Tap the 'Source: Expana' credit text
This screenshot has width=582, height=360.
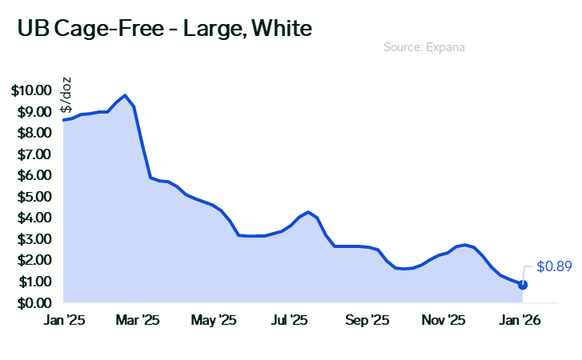(x=424, y=48)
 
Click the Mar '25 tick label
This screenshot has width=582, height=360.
(x=138, y=321)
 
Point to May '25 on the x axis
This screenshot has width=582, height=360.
(x=215, y=321)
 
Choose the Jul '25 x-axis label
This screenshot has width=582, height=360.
(x=290, y=321)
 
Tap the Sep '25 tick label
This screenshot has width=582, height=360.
(x=367, y=321)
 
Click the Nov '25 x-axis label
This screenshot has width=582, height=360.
(x=444, y=321)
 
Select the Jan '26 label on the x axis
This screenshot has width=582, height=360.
(x=522, y=321)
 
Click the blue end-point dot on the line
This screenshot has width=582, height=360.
(x=523, y=284)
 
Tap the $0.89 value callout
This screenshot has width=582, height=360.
(x=554, y=266)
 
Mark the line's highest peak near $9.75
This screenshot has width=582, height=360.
(x=126, y=95)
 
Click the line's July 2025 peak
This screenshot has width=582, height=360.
(x=308, y=212)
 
